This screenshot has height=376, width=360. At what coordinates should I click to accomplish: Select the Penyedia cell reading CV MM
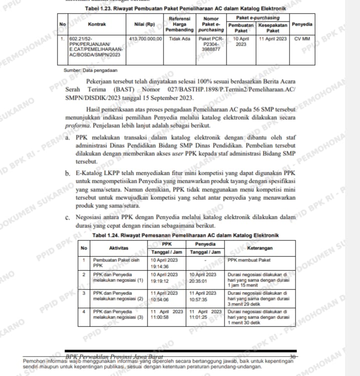[302, 38]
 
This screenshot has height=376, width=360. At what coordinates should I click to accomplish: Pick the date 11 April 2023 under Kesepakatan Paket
[273, 38]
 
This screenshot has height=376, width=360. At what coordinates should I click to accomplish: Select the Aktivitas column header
[119, 248]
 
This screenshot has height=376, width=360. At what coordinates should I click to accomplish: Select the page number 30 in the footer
[293, 356]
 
